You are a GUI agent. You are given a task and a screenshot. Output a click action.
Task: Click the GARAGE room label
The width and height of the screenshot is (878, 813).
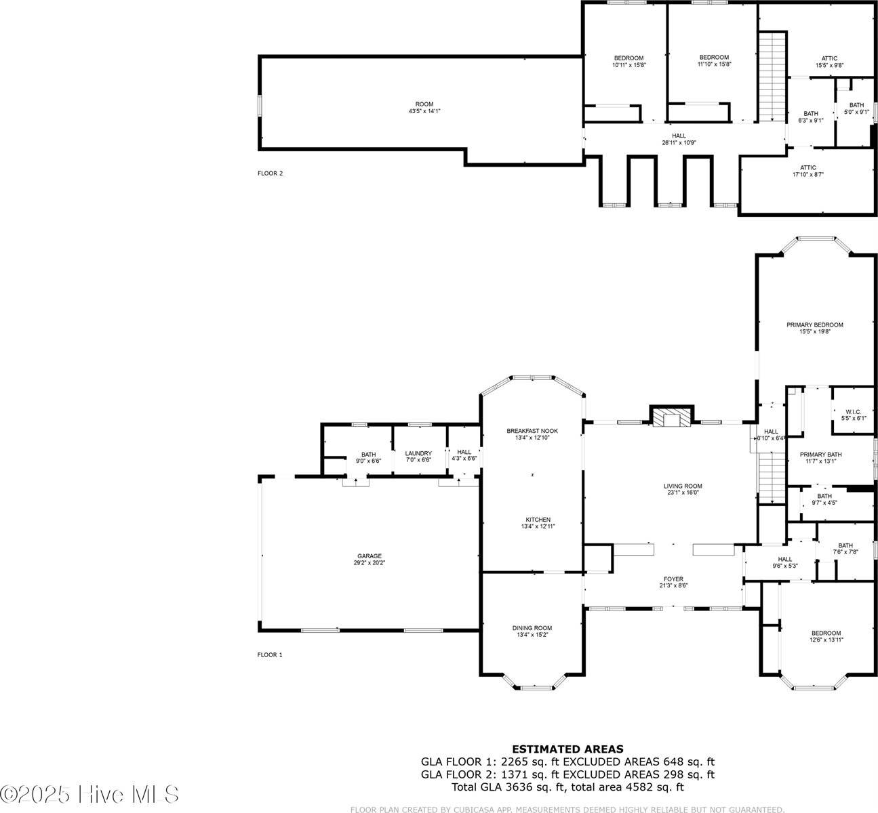click(x=370, y=556)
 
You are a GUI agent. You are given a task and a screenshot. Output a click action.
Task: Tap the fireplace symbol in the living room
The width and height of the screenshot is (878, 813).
click(x=671, y=419)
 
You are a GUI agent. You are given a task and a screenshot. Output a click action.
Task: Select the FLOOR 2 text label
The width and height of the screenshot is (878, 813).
click(x=270, y=173)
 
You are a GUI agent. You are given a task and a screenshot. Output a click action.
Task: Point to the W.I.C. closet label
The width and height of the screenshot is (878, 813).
click(x=853, y=412)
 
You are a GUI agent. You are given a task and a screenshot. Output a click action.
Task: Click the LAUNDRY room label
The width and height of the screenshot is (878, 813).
click(x=418, y=453)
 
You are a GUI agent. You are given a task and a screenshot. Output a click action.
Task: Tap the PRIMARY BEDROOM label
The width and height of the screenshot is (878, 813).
click(x=814, y=325)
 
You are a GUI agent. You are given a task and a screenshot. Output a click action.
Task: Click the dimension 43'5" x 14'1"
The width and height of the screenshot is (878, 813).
click(x=420, y=111)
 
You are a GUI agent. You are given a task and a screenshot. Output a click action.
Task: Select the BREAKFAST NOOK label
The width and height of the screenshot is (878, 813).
click(x=532, y=431)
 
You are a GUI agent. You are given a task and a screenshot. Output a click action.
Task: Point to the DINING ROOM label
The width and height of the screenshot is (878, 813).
click(x=532, y=628)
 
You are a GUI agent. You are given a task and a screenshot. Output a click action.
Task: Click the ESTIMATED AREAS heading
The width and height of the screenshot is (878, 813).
click(x=567, y=749)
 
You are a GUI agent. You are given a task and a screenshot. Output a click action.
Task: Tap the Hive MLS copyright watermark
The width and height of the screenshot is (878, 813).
click(x=90, y=793)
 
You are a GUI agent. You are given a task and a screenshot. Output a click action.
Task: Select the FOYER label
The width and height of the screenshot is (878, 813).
click(x=673, y=579)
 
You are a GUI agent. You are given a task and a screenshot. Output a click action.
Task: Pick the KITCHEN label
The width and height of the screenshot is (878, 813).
click(x=532, y=520)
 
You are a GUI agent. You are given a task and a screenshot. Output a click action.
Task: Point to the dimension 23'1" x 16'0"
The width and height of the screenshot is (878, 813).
click(x=682, y=493)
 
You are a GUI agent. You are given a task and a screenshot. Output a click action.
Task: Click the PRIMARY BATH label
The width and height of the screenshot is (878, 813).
click(x=820, y=454)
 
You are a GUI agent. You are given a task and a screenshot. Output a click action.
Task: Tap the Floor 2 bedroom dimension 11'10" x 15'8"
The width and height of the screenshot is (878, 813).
click(x=714, y=64)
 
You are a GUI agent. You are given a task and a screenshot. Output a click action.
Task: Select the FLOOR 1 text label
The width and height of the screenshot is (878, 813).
click(x=270, y=654)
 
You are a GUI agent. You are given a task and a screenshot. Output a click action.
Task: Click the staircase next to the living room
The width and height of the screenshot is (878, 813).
click(x=771, y=478)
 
